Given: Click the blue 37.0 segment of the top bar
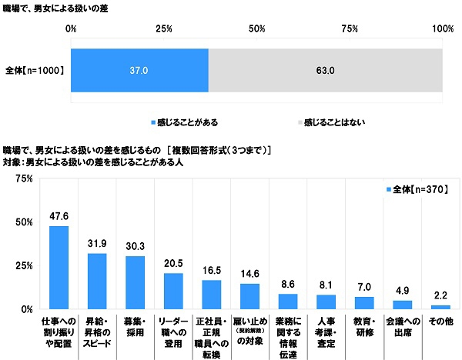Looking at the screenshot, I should click(x=139, y=71).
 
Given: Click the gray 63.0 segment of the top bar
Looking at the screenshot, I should click(x=326, y=71).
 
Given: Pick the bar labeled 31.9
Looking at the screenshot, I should click(x=97, y=281).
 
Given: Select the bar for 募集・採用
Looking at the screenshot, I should click(x=135, y=282).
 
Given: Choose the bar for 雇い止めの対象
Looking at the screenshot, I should click(x=248, y=296).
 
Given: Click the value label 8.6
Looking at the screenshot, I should click(x=286, y=285).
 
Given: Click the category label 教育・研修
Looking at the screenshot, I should click(x=361, y=324).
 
